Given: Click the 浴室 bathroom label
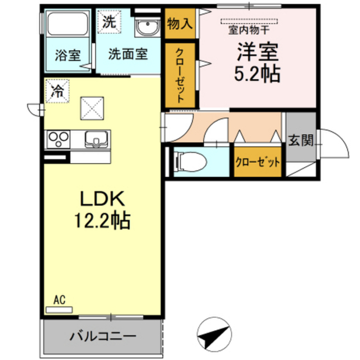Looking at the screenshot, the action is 67,55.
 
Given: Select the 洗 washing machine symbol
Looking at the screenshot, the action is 109,22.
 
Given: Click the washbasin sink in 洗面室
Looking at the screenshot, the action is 147,26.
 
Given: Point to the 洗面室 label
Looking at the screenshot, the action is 128,54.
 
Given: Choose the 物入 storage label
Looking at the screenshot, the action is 180,24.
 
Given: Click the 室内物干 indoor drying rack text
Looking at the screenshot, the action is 249,30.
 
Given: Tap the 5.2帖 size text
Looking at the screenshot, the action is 257,74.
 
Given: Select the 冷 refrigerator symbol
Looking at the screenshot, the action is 57,91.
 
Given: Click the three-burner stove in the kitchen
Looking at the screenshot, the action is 58,139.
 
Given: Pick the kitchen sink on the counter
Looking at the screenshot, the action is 97,139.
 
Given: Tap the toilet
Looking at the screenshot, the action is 190,162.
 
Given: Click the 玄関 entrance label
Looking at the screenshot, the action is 301,140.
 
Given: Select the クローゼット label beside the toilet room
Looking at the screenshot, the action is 258,163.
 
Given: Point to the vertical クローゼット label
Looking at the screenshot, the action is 180,75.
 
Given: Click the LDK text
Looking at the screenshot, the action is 102,199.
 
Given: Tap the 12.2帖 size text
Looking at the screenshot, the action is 102,220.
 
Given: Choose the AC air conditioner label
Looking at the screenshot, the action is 60,300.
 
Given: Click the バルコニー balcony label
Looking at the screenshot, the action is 103,336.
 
